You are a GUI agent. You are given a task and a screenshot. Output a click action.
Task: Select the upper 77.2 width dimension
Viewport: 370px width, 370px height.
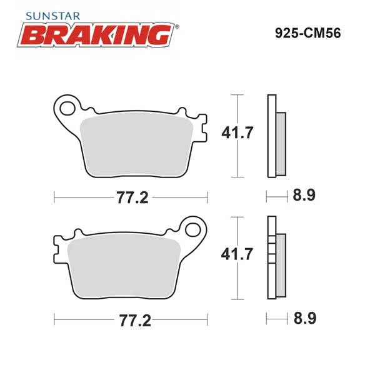pos(131,197)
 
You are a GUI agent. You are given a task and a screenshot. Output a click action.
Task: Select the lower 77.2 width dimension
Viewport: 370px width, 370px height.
pos(131,321)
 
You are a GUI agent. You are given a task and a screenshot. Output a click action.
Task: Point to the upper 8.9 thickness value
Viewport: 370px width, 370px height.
pos(304,196)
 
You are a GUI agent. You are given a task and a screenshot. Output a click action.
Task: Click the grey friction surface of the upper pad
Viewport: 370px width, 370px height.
pos(137,142)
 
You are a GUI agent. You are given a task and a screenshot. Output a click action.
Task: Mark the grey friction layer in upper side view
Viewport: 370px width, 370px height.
pos(281,142)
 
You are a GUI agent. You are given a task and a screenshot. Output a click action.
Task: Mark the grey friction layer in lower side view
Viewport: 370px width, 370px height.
pos(281,262)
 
